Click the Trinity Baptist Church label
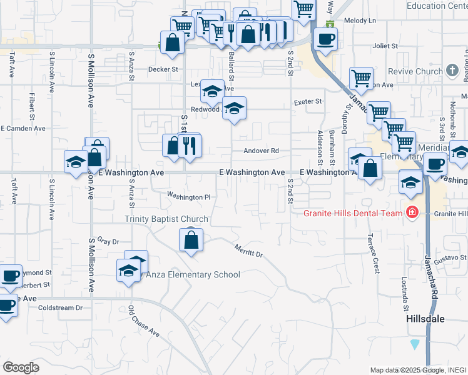(166, 219)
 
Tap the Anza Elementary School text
(193, 274)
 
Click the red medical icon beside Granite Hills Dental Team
(411, 213)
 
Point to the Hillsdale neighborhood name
(423, 319)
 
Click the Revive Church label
(415, 71)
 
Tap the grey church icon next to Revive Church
(452, 71)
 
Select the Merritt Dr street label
(249, 251)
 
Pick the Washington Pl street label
(188, 197)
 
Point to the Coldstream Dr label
(60, 307)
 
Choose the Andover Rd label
(265, 151)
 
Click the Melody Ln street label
(364, 21)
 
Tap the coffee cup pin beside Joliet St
(325, 39)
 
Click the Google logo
(21, 367)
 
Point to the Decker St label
(163, 69)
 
